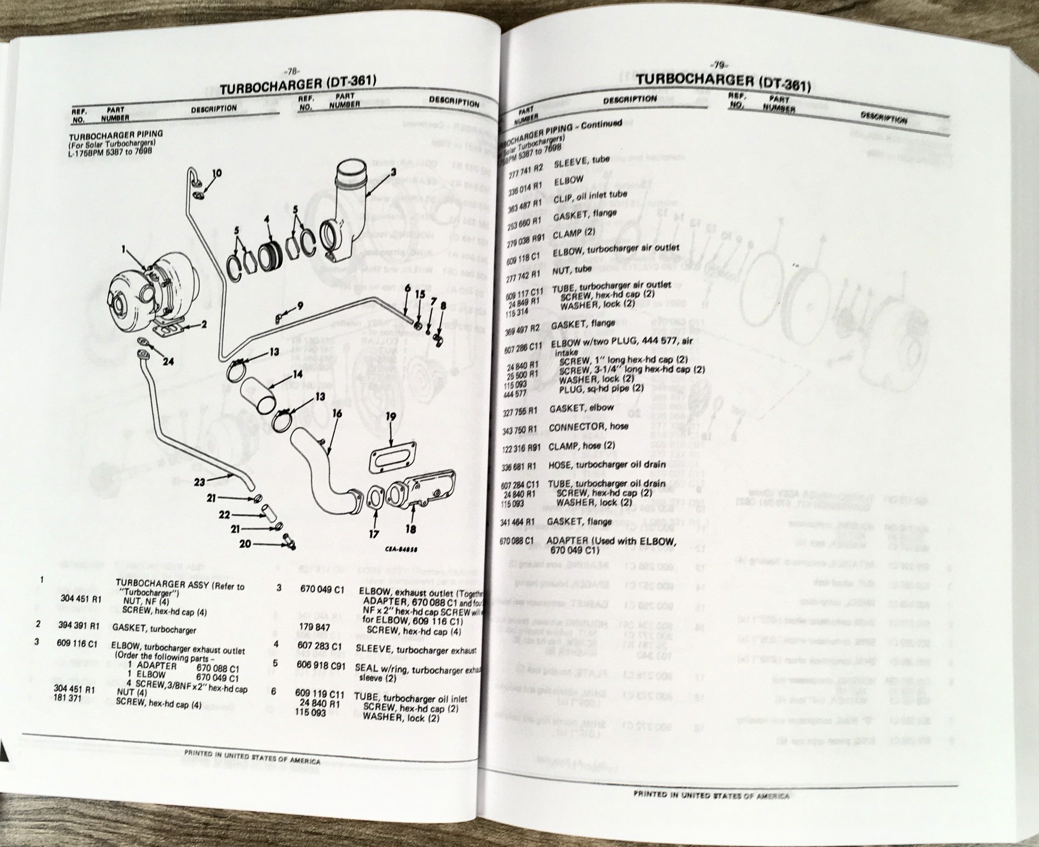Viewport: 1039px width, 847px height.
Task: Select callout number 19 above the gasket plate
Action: (x=390, y=416)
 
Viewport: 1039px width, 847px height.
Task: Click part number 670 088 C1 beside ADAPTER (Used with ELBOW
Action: (x=522, y=541)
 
